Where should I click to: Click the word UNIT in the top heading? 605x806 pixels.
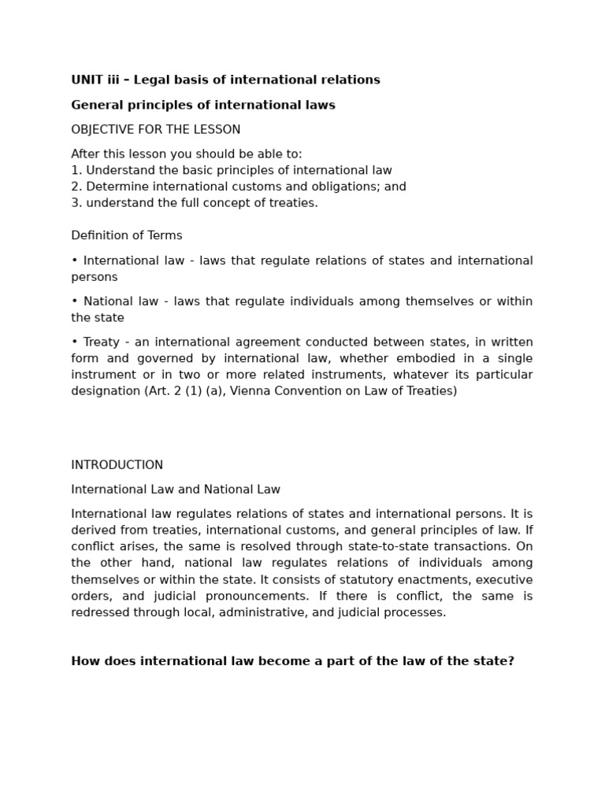tap(87, 79)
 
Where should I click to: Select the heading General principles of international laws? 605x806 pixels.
tap(203, 105)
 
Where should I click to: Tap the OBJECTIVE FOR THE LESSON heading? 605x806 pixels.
tap(156, 129)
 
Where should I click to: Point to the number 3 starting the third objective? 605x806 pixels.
tap(75, 202)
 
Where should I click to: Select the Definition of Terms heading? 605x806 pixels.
tap(127, 235)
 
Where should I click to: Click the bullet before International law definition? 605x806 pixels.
tap(74, 261)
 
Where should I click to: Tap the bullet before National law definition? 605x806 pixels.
tap(74, 301)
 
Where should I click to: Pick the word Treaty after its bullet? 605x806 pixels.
tap(101, 342)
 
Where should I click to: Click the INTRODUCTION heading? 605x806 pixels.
tap(117, 464)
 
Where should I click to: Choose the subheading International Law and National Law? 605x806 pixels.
tap(176, 490)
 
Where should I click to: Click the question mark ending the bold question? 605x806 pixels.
tap(510, 661)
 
